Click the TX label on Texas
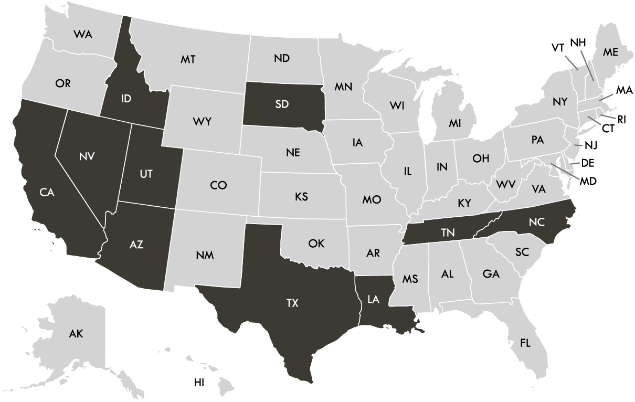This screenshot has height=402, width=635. (x=292, y=303)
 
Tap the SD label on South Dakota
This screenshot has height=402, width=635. (x=282, y=104)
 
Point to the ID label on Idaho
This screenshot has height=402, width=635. (x=125, y=98)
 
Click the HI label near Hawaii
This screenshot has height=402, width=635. (x=199, y=383)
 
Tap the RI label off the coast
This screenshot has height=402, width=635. (x=621, y=120)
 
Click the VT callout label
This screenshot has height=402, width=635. (x=557, y=48)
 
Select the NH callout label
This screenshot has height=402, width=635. (x=578, y=43)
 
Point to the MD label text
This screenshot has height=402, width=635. (x=588, y=181)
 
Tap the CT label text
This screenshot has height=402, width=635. (x=608, y=128)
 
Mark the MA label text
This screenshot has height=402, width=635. (x=624, y=90)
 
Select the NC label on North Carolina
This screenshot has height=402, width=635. (x=537, y=222)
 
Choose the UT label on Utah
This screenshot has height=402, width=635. (x=146, y=174)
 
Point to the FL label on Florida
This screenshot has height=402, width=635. (x=525, y=343)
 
